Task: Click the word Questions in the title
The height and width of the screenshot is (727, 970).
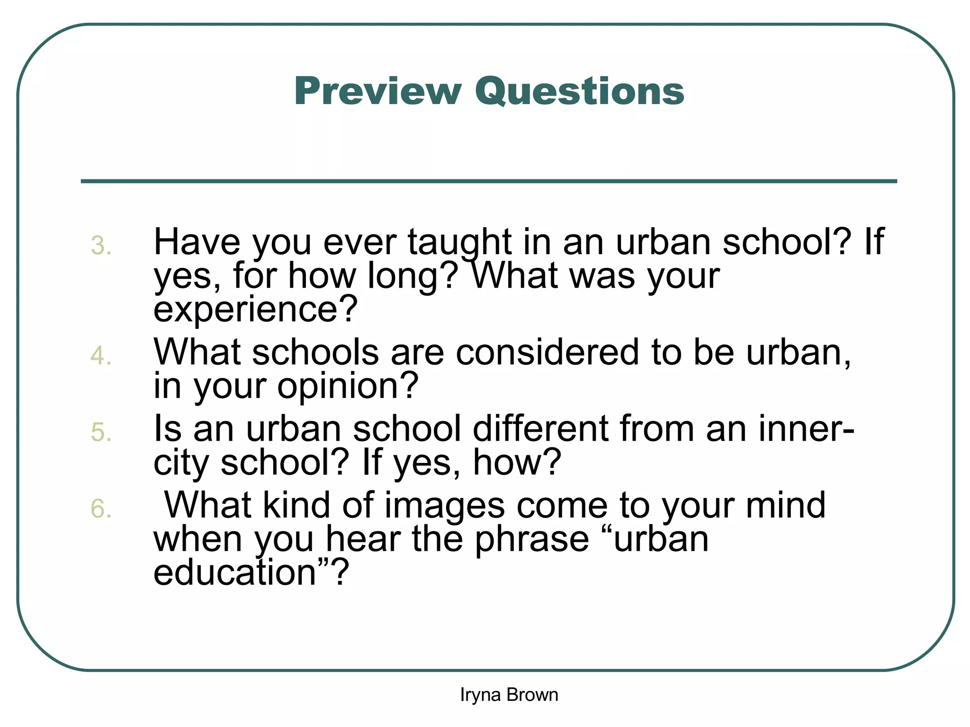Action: pos(580,92)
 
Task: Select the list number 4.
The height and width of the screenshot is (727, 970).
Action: pos(101,356)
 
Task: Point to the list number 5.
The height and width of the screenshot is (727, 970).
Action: pos(101,433)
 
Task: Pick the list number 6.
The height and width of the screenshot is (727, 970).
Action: pos(101,509)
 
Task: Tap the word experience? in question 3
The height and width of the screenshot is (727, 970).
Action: pos(255,310)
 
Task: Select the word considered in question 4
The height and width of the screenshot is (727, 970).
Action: pos(547,353)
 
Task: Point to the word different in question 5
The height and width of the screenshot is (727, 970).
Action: pos(540,429)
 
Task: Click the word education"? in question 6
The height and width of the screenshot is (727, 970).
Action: pos(251,573)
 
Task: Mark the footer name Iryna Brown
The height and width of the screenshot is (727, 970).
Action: pos(509,695)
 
